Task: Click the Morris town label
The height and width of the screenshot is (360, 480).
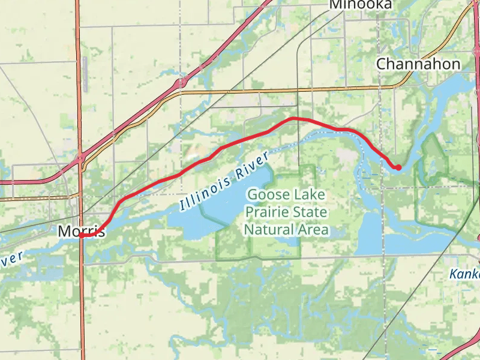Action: (x=82, y=231)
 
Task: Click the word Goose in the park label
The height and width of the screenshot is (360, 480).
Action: (x=268, y=195)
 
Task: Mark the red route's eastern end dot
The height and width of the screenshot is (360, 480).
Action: (x=398, y=167)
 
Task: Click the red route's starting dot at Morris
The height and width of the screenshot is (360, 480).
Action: (x=81, y=236)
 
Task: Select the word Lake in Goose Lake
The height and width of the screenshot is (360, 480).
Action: (x=309, y=195)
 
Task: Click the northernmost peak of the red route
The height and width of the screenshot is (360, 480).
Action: (x=293, y=118)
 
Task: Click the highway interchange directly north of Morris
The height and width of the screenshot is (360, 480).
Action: (x=80, y=160)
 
